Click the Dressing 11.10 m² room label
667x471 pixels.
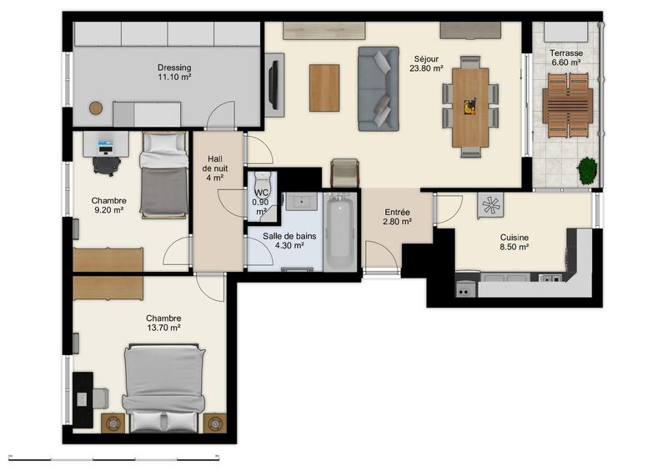(x=174, y=73)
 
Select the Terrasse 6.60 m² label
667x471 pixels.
(x=566, y=58)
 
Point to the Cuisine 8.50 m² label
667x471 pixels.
(x=514, y=242)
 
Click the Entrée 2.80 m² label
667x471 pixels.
(x=397, y=217)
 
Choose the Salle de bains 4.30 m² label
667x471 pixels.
(x=283, y=241)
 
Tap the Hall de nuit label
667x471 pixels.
(x=215, y=168)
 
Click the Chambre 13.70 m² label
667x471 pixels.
(x=163, y=323)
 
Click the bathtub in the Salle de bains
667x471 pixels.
(x=340, y=231)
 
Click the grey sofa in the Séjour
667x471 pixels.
(x=378, y=88)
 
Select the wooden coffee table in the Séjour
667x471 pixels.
(x=324, y=88)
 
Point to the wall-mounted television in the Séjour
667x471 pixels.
(x=272, y=85)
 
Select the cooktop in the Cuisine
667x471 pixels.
(x=490, y=205)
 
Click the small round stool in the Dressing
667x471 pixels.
(x=96, y=108)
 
